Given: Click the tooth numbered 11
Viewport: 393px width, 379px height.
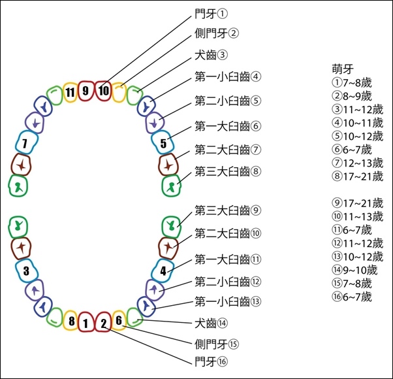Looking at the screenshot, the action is point(70,92).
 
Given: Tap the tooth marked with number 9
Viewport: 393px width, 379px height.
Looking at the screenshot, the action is point(86,91).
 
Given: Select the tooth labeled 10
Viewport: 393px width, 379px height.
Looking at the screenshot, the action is point(103,91).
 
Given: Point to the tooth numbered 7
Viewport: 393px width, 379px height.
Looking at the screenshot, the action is point(27,142).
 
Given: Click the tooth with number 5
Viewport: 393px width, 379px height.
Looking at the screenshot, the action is point(163,142).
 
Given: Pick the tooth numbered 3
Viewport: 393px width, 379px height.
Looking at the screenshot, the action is point(27,271).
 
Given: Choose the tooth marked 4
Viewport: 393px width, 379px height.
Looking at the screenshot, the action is point(163,271).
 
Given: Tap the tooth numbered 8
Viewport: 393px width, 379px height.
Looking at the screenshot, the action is point(71,320).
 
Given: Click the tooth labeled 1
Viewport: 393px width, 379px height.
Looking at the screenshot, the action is point(86,322).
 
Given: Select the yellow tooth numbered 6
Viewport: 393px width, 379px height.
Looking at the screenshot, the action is point(119,320).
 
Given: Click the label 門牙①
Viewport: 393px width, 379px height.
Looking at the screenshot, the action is point(211,14).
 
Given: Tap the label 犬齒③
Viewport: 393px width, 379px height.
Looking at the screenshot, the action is point(211,55).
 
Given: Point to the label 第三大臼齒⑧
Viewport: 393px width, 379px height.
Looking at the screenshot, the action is point(228,172).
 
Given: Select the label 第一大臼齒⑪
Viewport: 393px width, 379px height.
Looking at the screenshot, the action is point(228,259).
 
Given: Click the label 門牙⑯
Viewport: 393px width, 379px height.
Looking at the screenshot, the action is point(211,362).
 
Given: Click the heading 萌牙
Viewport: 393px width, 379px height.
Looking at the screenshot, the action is point(343,69).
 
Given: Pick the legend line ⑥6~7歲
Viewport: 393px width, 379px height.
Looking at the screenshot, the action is point(352,150).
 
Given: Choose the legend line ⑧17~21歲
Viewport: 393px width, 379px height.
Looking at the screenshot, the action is point(357,176).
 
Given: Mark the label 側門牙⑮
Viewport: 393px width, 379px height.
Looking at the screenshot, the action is point(217,344).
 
